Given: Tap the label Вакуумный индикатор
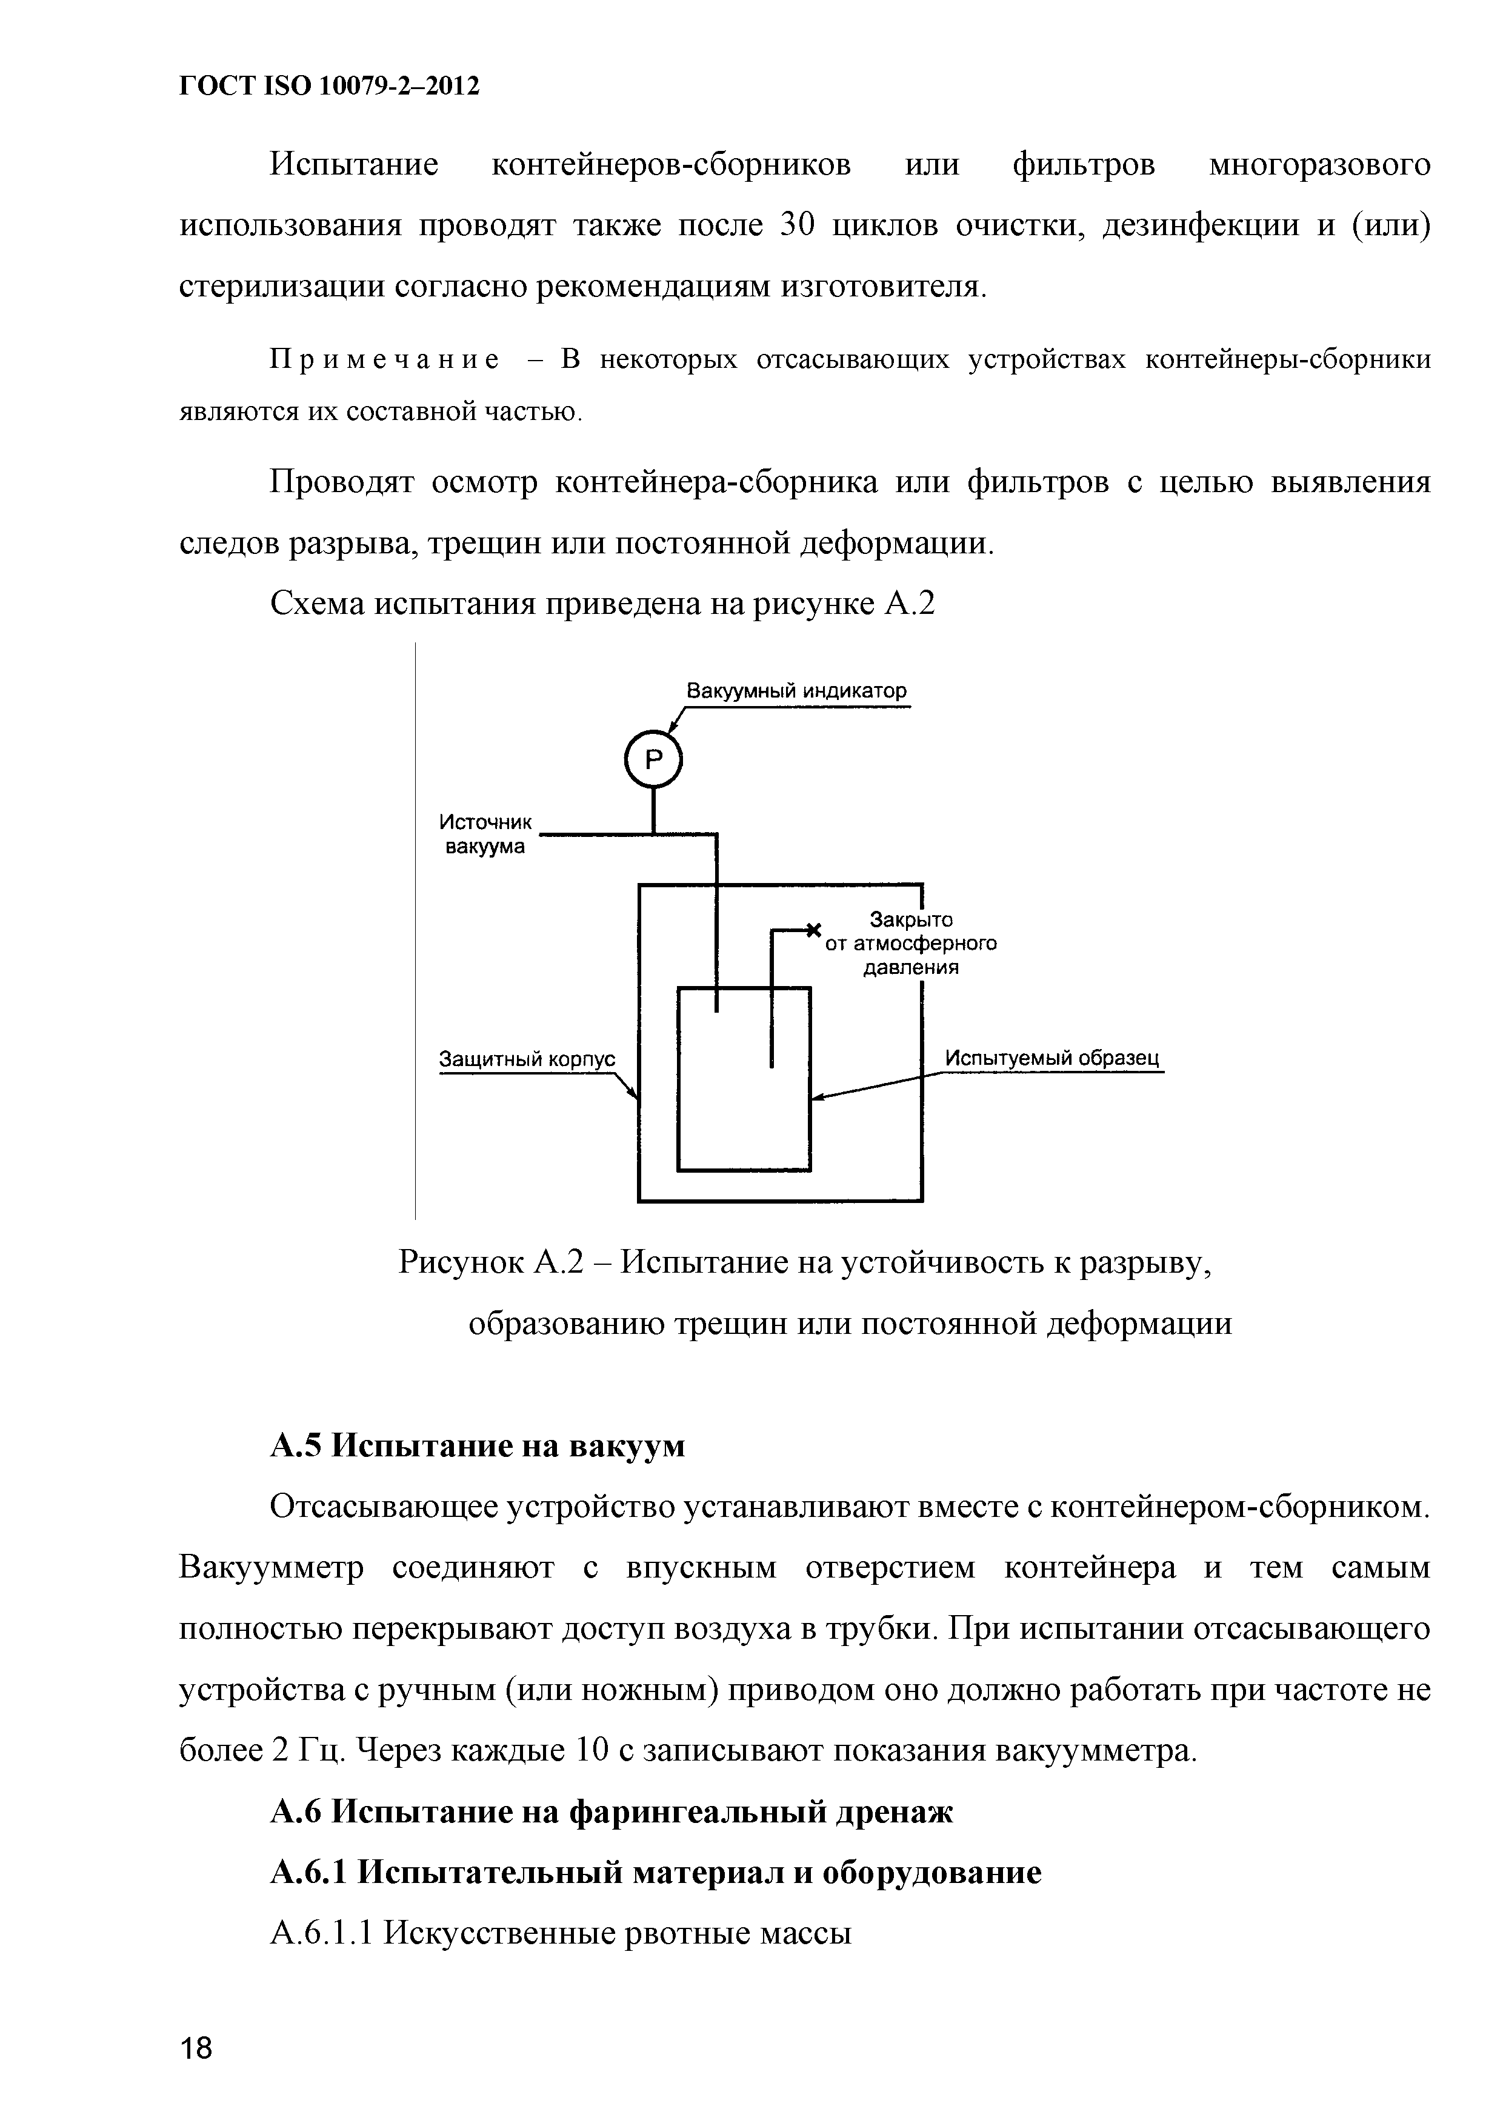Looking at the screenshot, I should (796, 691).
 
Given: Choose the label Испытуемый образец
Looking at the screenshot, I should (1052, 1058).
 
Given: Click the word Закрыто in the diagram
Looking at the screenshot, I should (911, 919).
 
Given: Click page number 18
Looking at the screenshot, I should (196, 2048).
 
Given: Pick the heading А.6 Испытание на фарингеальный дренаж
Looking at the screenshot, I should (612, 1812).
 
